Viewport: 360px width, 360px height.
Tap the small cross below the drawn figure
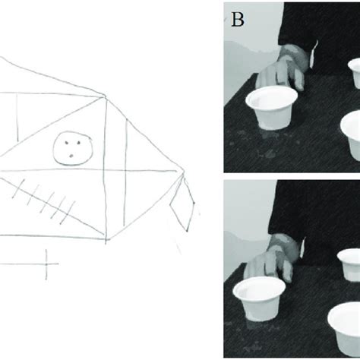47,264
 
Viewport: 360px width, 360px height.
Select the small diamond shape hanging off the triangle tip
182,203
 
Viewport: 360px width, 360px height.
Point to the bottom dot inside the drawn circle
69,156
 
